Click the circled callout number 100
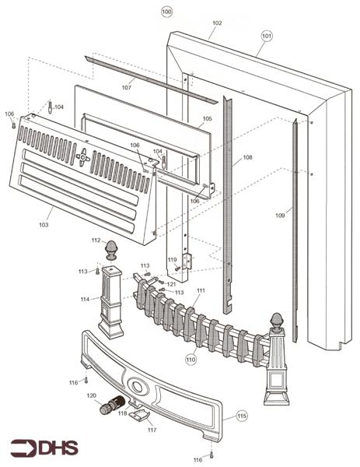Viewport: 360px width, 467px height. coord(166,12)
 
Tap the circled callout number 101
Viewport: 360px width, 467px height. coord(267,36)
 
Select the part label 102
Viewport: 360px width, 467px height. coord(217,23)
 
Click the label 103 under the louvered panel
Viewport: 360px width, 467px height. coord(44,225)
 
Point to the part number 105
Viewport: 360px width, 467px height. coord(207,118)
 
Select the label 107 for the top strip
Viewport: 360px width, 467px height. coord(127,87)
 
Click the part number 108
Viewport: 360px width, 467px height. coord(247,157)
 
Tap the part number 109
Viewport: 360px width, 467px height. coord(280,216)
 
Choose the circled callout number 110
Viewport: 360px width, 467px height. coord(190,359)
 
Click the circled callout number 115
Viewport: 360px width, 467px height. coord(242,416)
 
